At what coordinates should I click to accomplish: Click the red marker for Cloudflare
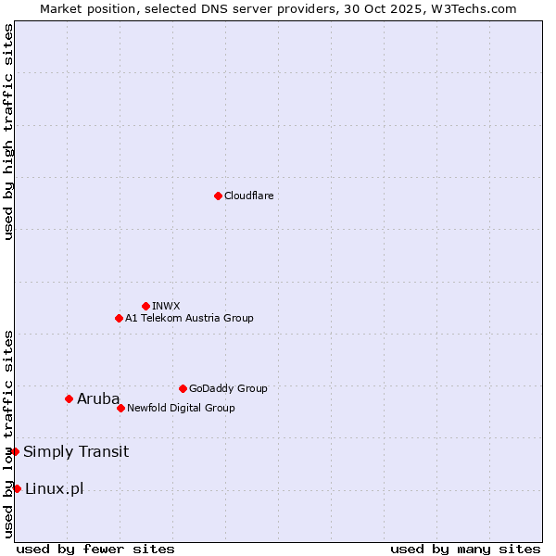(218, 196)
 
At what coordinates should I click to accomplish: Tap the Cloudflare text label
(248, 196)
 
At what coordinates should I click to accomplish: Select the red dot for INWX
(145, 306)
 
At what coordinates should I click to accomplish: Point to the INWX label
(166, 306)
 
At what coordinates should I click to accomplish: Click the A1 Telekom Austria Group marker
(119, 318)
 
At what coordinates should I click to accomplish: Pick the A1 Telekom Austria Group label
(189, 318)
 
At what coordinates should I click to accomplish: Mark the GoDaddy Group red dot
(183, 388)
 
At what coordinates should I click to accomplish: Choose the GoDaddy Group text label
(228, 388)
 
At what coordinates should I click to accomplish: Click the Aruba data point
(69, 398)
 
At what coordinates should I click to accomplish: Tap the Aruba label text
(98, 399)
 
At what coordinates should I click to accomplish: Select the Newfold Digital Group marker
(120, 408)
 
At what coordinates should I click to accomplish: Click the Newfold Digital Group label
(181, 408)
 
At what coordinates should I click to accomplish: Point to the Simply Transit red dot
(15, 451)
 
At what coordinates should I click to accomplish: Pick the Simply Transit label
(76, 452)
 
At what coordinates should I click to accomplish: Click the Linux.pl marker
(17, 488)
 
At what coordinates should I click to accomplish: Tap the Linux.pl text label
(54, 489)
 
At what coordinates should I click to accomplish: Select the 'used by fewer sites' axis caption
(95, 549)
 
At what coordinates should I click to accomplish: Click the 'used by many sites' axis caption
(465, 549)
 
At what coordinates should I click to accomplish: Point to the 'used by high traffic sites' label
(8, 132)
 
